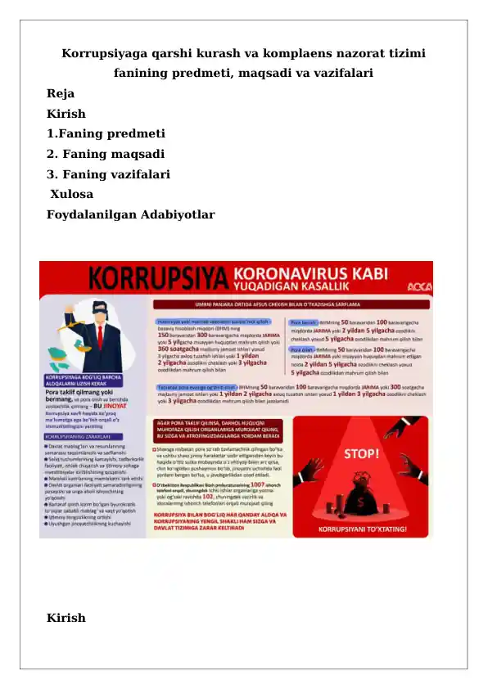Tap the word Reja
[61, 94]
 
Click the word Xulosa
[72, 195]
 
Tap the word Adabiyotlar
[172, 215]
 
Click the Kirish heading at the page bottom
[66, 618]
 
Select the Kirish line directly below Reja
[66, 115]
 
